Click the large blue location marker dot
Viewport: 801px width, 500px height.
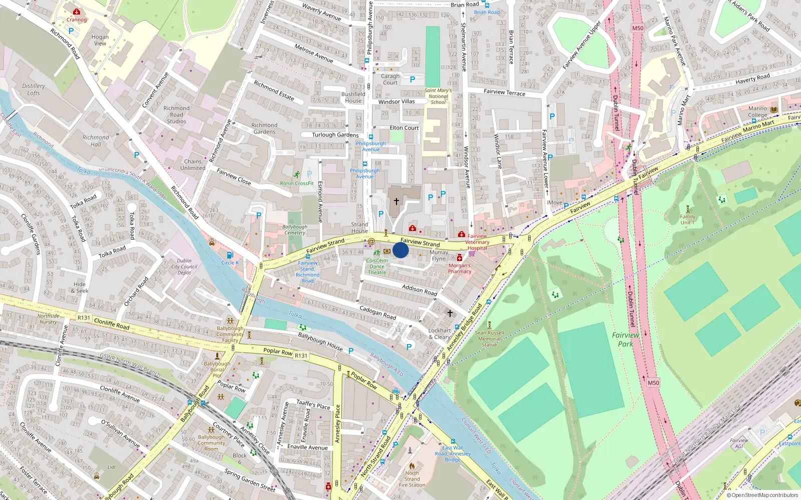coord(400,250)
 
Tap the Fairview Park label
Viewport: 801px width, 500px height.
coord(625,339)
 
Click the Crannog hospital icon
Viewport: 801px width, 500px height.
coord(76,11)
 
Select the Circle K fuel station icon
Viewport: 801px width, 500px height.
coord(230,255)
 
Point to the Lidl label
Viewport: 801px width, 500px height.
coord(111,467)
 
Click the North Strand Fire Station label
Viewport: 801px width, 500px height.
coord(412,479)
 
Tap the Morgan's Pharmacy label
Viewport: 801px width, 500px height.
coord(460,268)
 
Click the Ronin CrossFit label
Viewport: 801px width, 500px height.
coord(296,183)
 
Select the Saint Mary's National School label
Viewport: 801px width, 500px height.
coord(438,96)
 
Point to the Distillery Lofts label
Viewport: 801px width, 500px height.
coord(34,89)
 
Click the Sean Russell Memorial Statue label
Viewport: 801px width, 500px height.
coord(489,338)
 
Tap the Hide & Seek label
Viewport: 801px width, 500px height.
coord(80,287)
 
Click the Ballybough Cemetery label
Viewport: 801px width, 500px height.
coord(295,229)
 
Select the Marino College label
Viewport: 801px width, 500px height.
coord(757,111)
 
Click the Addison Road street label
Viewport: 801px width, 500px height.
coord(420,289)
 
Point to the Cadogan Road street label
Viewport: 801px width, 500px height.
coord(377,313)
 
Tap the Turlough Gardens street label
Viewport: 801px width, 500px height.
coord(335,135)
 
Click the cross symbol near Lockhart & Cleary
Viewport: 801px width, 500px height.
coord(450,313)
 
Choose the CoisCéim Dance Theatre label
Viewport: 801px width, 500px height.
coord(377,266)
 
